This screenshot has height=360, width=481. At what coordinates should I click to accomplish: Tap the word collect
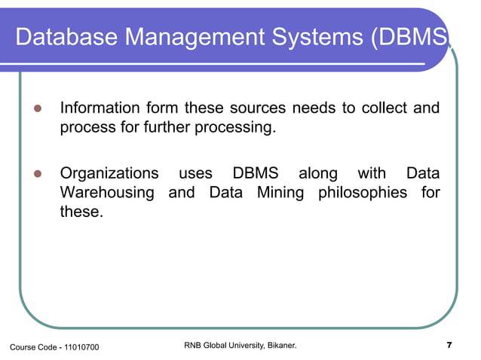pos(381,108)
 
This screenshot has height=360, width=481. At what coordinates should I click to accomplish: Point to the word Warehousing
pos(106,193)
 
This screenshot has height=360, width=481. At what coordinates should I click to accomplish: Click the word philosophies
pos(365,193)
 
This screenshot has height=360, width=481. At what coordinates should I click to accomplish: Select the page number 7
pos(449,346)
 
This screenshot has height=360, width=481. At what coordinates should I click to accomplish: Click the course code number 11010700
pos(78,346)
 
